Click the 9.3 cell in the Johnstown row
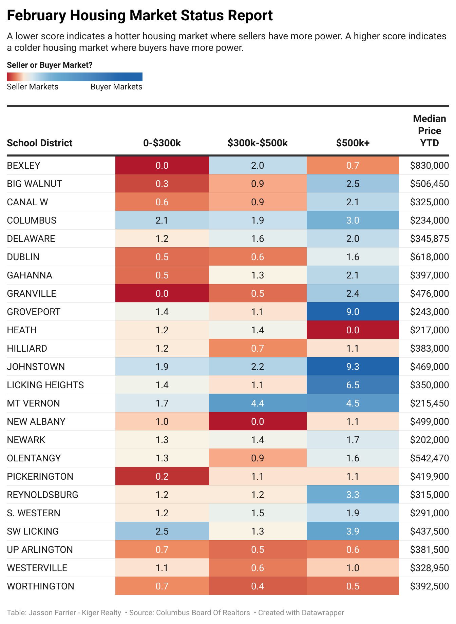coord(353,367)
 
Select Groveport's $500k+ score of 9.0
coord(353,312)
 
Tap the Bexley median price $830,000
coord(429,165)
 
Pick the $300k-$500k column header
coord(258,143)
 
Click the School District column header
coord(40,143)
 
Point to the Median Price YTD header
coord(429,131)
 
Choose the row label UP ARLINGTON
coord(40,549)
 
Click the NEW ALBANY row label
coord(36,421)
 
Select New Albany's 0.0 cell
coord(258,421)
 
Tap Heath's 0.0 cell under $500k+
coord(353,330)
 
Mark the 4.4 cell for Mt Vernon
coord(258,403)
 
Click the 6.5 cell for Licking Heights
coord(353,385)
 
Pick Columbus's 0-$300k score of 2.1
coord(162,220)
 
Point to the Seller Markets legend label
coord(33,87)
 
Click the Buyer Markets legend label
coord(116,87)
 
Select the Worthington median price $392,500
coord(429,586)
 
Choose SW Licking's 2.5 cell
coord(162,531)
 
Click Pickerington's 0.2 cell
coord(162,476)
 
